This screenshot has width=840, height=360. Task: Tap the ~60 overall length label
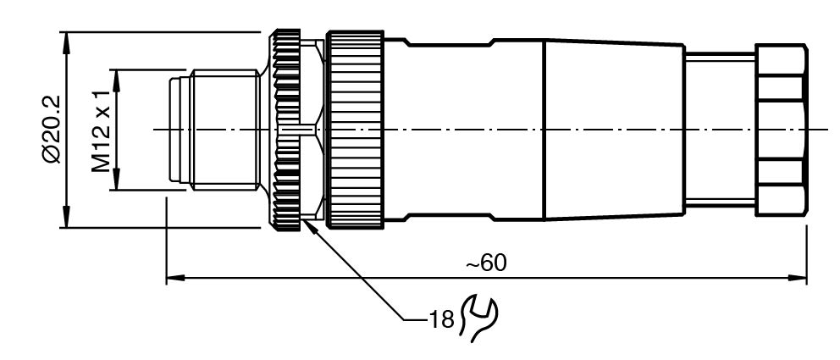point(486,263)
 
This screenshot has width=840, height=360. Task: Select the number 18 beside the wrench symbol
point(442,320)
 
